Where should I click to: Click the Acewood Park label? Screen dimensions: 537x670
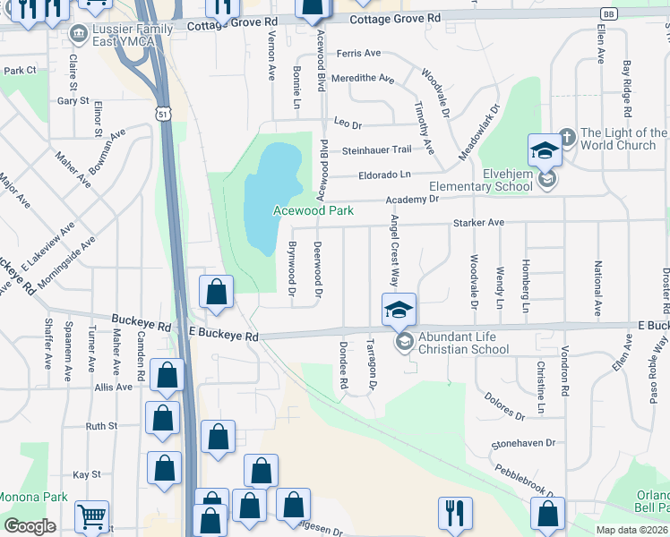314,210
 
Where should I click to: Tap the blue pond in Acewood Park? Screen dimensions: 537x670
273,192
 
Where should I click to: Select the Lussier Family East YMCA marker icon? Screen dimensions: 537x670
77,36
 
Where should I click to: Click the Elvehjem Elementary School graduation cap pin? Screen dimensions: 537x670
545,150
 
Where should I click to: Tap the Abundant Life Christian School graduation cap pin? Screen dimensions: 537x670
399,310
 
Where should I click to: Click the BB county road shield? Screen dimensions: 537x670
608,14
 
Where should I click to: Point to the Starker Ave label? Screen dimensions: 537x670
479,222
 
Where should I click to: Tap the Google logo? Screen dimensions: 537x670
30,526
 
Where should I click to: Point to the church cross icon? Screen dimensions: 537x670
566,138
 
